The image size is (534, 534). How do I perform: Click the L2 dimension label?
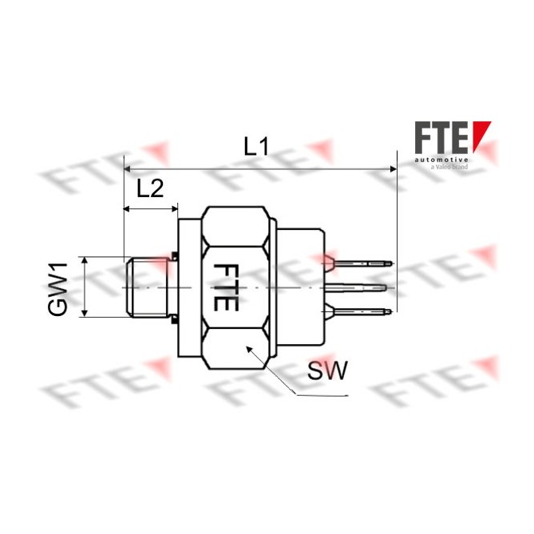pyautogui.click(x=150, y=188)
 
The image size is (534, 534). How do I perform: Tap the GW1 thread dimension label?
pyautogui.click(x=58, y=287)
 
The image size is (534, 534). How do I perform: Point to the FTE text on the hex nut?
pyautogui.click(x=226, y=287)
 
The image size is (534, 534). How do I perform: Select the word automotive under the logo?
pyautogui.click(x=441, y=160)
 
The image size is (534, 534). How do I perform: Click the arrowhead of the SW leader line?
pyautogui.click(x=249, y=349)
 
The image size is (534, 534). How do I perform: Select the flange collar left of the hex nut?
pyautogui.click(x=188, y=287)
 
